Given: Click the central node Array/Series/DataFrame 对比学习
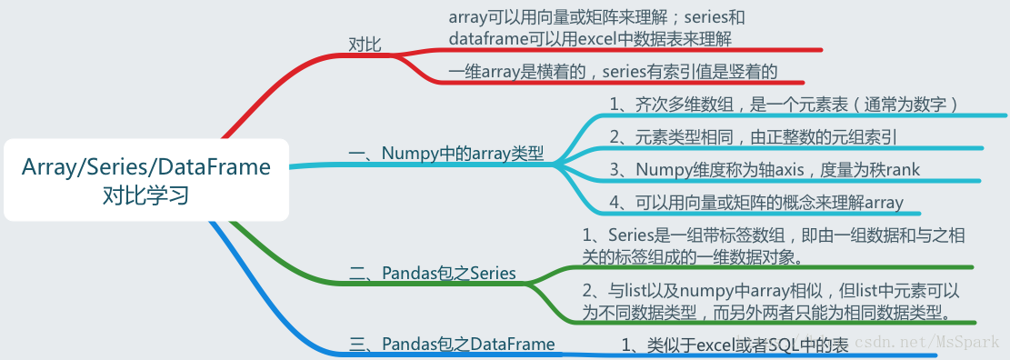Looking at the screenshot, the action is [146, 180].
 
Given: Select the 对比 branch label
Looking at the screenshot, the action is [365, 43].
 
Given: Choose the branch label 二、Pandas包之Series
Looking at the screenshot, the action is [433, 273].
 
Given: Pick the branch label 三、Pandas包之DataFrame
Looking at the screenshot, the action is [452, 343].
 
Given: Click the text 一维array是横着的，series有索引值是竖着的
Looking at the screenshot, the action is [614, 71].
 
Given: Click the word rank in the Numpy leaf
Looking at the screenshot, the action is [900, 169].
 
